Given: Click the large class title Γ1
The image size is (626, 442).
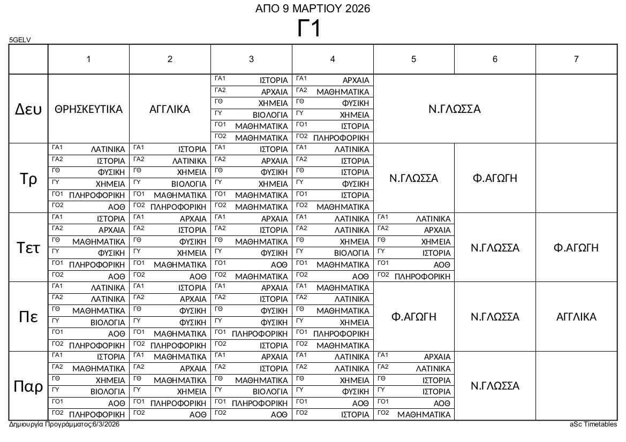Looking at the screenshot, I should (309, 29).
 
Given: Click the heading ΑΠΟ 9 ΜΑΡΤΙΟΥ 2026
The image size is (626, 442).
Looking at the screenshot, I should (313, 9).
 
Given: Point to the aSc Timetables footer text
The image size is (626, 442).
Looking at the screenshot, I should (593, 424).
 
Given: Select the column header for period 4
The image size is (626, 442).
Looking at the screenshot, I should (333, 59).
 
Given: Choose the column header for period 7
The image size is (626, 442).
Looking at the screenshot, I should (576, 59).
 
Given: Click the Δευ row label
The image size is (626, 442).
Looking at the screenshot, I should (28, 109).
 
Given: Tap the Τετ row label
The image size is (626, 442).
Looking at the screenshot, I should (28, 248).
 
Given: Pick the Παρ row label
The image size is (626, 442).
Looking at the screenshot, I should (28, 386).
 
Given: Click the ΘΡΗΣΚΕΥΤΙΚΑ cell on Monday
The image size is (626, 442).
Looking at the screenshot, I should (89, 109).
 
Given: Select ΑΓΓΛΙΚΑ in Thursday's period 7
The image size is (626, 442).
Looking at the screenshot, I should (576, 317).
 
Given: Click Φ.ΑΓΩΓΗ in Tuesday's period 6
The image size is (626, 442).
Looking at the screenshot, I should (495, 178).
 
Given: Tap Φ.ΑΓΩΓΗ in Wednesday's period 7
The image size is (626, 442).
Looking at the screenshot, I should (576, 248).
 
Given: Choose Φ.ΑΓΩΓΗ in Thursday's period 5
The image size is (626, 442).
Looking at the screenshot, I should (414, 317).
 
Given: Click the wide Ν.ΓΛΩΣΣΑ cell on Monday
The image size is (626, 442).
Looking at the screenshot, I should (455, 109).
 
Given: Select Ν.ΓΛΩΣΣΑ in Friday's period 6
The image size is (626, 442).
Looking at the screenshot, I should (495, 386).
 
